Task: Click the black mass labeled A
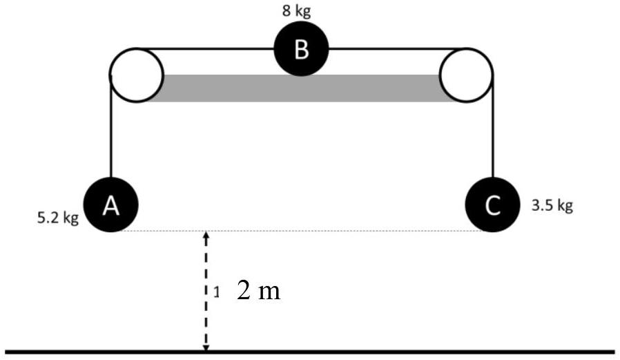(110, 204)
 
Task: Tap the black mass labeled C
(492, 205)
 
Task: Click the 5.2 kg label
(58, 219)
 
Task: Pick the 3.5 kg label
(552, 206)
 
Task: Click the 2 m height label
(258, 291)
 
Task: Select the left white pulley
(136, 75)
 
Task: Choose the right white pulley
(466, 75)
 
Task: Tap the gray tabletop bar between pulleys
(301, 88)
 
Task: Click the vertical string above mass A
(110, 131)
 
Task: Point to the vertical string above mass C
(493, 131)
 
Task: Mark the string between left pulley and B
(207, 48)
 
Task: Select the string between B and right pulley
(387, 48)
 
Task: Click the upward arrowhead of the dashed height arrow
(205, 236)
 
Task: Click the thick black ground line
(414, 352)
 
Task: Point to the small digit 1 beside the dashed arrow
(216, 293)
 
